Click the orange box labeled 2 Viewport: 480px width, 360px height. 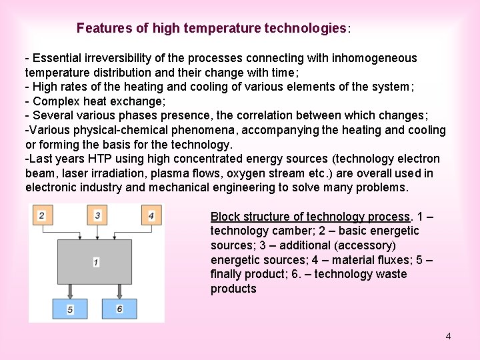[42, 215]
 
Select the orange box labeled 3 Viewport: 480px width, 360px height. [97, 215]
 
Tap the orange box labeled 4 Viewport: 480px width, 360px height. [151, 215]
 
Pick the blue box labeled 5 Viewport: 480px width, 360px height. [69, 309]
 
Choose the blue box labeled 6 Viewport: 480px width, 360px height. [119, 309]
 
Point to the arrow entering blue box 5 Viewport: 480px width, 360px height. [69, 291]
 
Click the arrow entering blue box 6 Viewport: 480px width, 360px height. [119, 291]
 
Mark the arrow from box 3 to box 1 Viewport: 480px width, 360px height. [97, 232]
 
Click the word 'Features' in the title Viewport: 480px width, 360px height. [102, 28]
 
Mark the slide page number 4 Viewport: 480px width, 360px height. [448, 336]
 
